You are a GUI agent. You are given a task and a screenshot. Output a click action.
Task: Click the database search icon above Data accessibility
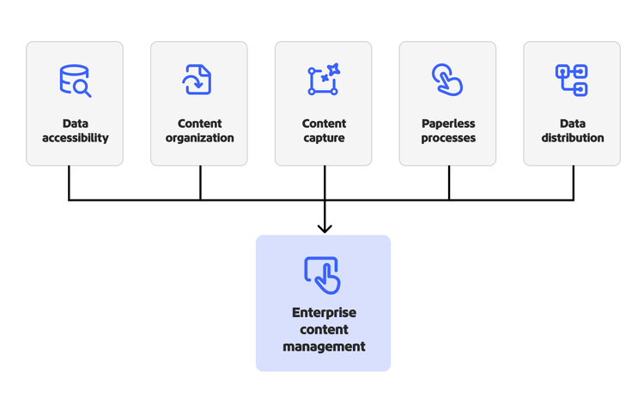tap(75, 81)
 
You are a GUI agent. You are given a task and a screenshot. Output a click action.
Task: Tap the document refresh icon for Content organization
tap(197, 80)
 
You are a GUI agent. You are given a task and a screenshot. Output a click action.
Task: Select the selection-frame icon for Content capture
tap(324, 80)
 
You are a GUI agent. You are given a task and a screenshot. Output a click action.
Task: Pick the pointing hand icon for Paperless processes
tap(447, 80)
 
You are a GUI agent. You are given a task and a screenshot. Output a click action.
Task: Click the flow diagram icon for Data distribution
tap(572, 80)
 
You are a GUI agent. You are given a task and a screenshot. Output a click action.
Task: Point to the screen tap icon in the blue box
tap(323, 274)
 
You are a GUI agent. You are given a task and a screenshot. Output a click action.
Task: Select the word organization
tap(199, 138)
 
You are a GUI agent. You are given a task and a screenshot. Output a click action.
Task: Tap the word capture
tap(324, 138)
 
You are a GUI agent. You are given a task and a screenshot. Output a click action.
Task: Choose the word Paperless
tap(448, 123)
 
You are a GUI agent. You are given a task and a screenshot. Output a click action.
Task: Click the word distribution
tap(572, 138)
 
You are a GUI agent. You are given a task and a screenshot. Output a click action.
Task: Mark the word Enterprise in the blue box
tap(323, 313)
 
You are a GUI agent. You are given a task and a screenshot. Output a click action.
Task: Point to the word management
tap(323, 346)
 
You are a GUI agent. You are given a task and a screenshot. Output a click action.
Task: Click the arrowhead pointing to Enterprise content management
tap(324, 227)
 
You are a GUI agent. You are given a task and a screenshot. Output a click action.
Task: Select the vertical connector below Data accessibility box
tap(69, 183)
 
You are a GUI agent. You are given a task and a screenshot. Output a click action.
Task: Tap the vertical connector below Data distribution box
tap(573, 183)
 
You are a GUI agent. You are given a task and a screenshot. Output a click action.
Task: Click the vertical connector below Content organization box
tap(200, 183)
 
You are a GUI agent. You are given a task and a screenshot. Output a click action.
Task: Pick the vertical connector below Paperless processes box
tap(448, 183)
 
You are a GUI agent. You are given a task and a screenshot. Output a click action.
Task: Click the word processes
tap(448, 138)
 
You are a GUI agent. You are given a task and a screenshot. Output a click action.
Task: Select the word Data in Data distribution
tap(572, 123)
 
